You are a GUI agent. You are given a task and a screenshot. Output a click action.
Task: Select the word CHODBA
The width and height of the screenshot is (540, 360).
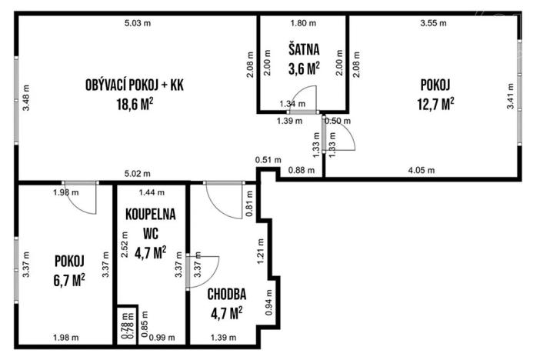tap(226, 294)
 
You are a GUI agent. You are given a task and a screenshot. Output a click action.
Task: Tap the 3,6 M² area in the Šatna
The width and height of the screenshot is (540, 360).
tap(303, 69)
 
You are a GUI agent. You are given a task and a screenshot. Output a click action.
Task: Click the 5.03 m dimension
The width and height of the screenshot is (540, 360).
tap(138, 24)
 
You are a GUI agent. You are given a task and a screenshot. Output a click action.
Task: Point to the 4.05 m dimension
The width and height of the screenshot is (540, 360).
tap(421, 170)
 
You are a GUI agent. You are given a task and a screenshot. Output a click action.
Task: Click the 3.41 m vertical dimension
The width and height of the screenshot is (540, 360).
tap(509, 102)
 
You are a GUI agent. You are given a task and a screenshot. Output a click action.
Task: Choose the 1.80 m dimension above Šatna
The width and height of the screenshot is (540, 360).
tap(302, 24)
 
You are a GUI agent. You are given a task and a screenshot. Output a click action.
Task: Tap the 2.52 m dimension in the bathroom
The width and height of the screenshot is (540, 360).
tap(124, 255)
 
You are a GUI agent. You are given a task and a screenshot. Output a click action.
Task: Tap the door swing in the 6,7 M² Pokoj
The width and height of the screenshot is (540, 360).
tap(86, 200)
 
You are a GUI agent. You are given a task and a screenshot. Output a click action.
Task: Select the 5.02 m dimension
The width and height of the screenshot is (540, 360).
tap(138, 173)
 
